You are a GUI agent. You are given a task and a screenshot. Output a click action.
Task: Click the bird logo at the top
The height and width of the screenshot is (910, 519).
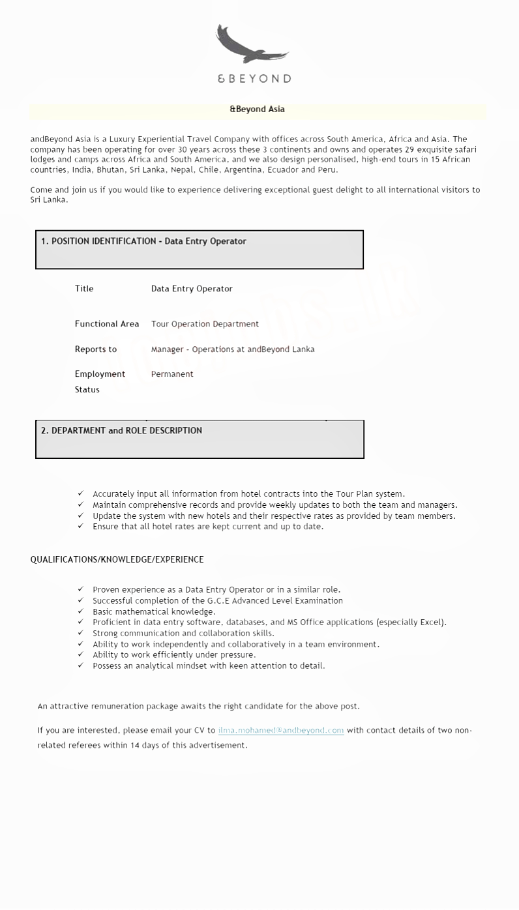pos(252,46)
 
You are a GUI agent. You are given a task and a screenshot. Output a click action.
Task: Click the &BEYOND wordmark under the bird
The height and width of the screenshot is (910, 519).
pos(254,79)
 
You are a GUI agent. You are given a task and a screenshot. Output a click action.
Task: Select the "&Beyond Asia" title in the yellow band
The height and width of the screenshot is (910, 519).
pos(257,110)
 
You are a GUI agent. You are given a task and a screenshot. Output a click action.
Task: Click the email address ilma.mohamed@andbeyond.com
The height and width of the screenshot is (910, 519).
pos(281,730)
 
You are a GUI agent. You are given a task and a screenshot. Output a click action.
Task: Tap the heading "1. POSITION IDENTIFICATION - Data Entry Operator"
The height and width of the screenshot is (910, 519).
pos(143,241)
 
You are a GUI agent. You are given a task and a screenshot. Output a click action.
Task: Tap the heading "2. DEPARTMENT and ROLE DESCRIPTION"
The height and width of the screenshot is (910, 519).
pos(121,430)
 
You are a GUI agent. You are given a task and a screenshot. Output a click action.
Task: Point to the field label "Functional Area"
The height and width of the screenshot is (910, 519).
pos(107,324)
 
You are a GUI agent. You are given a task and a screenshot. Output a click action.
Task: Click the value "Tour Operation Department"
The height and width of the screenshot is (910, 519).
pos(205,324)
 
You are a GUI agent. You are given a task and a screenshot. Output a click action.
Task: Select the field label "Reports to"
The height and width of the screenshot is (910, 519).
pos(96,349)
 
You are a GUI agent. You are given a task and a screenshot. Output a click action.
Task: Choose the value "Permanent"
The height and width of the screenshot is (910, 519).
pos(172,374)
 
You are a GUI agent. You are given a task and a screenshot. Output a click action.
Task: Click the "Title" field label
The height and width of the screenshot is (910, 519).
pos(84,289)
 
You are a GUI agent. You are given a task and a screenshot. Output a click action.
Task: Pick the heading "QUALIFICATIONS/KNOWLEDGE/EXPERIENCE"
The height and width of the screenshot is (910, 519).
pos(117,559)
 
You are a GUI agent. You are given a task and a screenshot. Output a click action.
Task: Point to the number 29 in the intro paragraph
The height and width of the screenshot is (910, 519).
pos(409,149)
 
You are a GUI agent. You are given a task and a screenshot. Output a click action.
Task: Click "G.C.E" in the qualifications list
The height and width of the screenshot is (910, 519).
pos(220,600)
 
